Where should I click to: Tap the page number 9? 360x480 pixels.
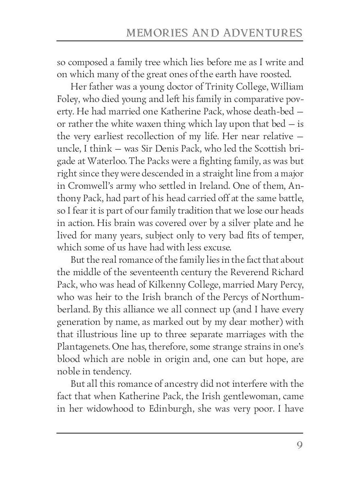299,446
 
